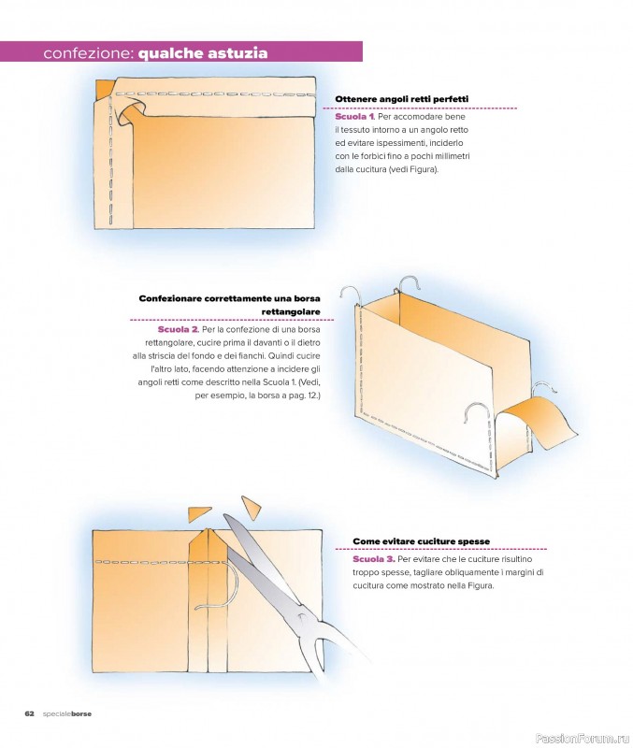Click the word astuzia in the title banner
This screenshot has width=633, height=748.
pos(237,53)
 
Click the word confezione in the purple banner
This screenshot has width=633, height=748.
pos(86,53)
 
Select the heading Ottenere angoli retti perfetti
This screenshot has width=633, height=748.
pos(402,99)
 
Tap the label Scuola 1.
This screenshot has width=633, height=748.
pos(355,116)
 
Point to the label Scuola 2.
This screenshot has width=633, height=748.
pos(178,330)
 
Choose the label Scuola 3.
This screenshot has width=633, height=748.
pos(373,559)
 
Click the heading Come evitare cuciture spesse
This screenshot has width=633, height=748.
pos(421,541)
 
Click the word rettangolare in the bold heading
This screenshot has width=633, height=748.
pos(291,312)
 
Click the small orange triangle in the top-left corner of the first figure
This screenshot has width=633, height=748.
pos(103,88)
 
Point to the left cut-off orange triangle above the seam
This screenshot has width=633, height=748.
pos(199,513)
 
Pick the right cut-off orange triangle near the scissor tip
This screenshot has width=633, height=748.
pos(251,508)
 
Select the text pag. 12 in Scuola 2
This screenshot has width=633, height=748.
pos(302,396)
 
